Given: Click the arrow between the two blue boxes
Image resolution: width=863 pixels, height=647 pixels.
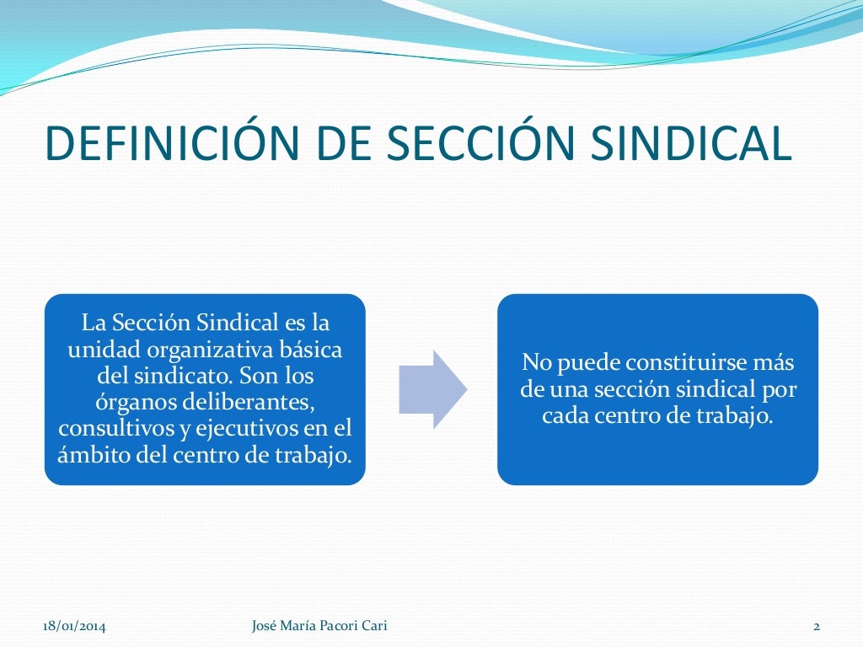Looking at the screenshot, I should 431,389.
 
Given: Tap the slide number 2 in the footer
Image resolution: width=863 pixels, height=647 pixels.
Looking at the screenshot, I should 816,625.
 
